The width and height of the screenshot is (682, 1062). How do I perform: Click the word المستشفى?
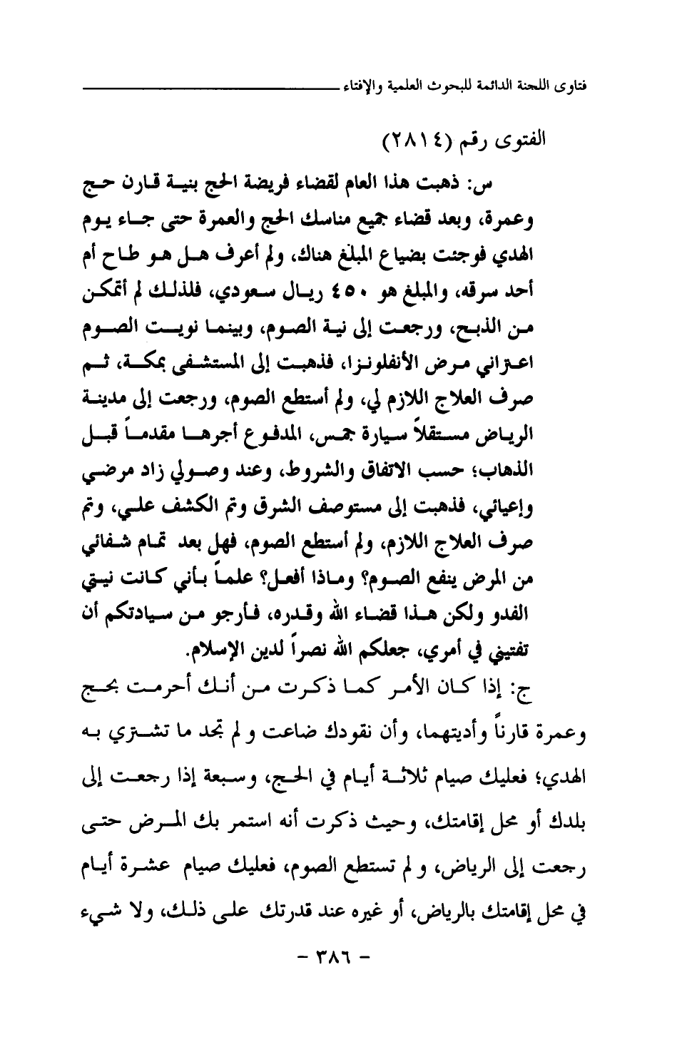click(x=206, y=356)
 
